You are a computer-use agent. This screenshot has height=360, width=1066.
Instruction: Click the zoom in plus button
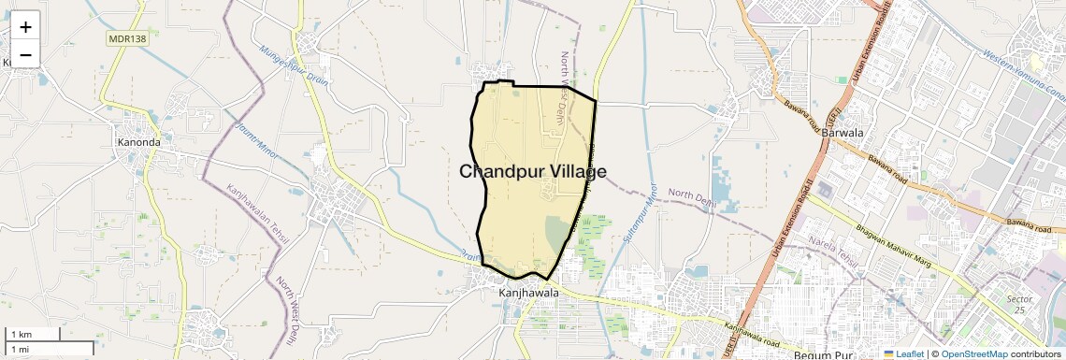coord(25,26)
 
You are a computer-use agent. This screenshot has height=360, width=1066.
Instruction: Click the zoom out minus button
coord(25,54)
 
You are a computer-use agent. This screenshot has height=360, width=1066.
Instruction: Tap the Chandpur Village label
coord(533,172)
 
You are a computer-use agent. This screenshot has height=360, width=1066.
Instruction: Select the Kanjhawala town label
coord(529,293)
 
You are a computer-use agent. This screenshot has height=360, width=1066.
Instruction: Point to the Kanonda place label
coord(139,143)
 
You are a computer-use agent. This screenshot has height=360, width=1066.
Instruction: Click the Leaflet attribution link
coord(905,353)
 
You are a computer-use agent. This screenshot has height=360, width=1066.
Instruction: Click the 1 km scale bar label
coord(21,334)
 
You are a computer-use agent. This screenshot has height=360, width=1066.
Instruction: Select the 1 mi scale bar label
coord(20,349)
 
